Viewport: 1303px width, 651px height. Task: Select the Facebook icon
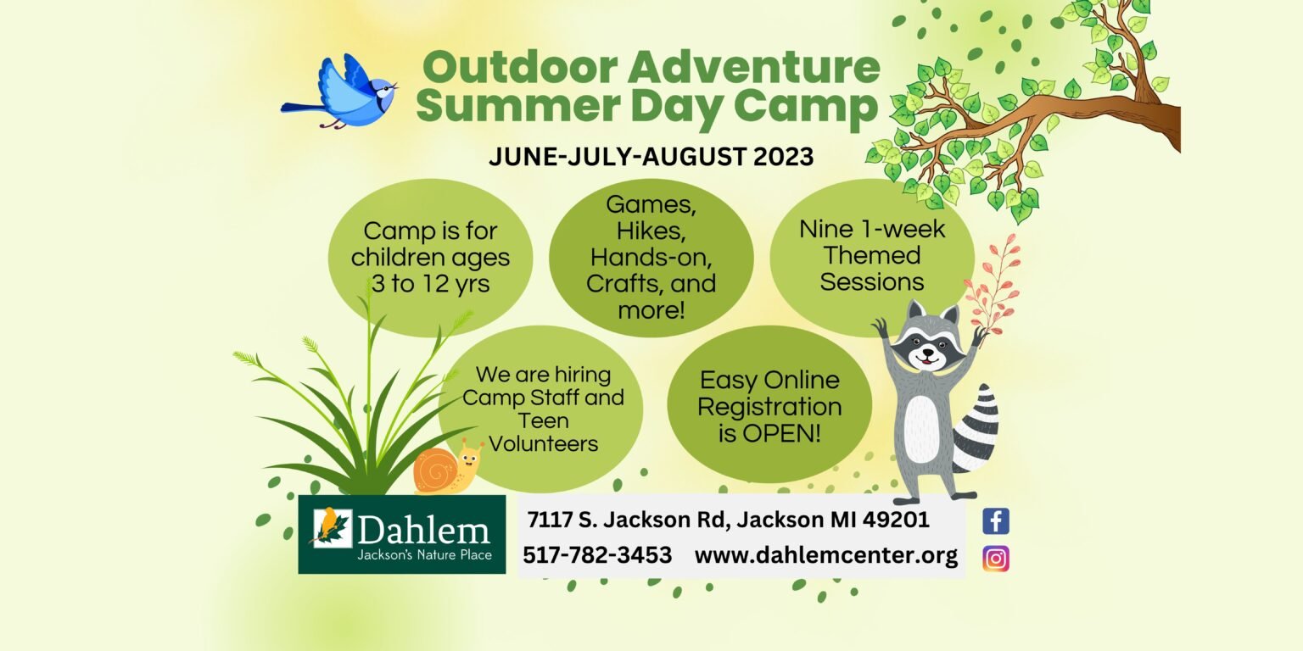pos(996,520)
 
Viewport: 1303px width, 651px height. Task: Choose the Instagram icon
pos(996,559)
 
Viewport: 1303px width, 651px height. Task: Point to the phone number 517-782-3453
pos(597,555)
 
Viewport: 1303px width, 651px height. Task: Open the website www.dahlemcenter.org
pos(825,555)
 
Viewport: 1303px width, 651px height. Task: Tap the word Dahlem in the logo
pos(423,531)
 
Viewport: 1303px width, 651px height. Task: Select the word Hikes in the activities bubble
pos(651,230)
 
